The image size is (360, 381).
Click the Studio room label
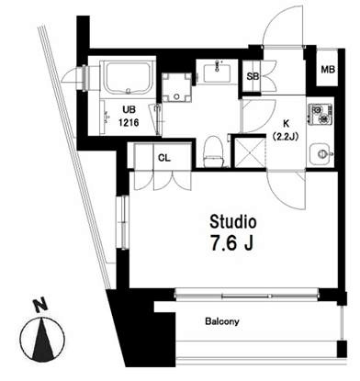click(x=233, y=222)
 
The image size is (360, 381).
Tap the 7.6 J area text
click(x=233, y=245)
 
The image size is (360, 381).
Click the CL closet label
click(x=164, y=157)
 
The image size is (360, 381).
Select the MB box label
click(x=327, y=69)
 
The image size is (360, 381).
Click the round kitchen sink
click(x=320, y=153)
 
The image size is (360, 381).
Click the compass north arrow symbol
click(x=40, y=343)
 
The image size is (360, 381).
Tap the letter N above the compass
click(x=37, y=305)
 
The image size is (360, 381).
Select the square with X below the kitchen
click(x=248, y=151)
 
